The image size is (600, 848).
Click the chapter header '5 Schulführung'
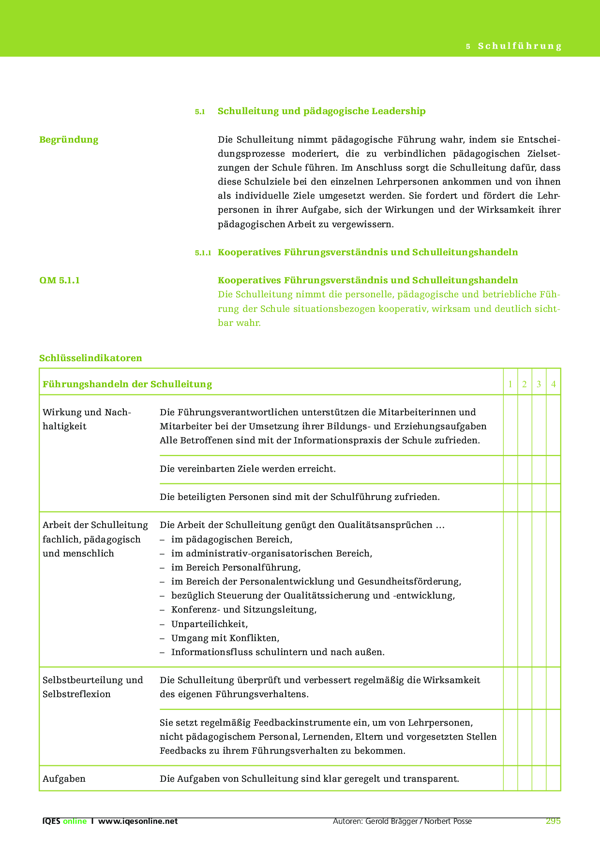[x=514, y=46]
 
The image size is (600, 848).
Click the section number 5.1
[x=200, y=112]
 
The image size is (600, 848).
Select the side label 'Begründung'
[x=69, y=140]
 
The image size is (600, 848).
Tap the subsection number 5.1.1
[x=203, y=253]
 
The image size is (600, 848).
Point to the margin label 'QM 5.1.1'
[x=60, y=280]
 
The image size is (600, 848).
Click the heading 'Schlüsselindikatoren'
[x=90, y=358]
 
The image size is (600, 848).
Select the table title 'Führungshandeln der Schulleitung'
[x=127, y=384]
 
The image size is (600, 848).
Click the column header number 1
[x=510, y=384]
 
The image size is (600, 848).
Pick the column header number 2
[x=525, y=384]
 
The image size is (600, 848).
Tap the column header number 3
[x=539, y=384]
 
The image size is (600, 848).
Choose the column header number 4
[x=554, y=384]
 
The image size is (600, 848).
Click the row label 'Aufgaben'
[x=64, y=779]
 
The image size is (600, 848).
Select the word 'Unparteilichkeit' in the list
[x=209, y=624]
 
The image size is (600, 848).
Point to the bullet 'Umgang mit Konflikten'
[x=225, y=638]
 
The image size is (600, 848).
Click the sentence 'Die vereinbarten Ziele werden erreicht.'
[x=247, y=469]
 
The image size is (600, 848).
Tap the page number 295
[x=553, y=821]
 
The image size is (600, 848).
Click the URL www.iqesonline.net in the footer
[x=138, y=821]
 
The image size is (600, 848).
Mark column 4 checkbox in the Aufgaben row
[x=554, y=778]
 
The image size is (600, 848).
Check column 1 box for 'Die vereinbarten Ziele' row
[x=510, y=469]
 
